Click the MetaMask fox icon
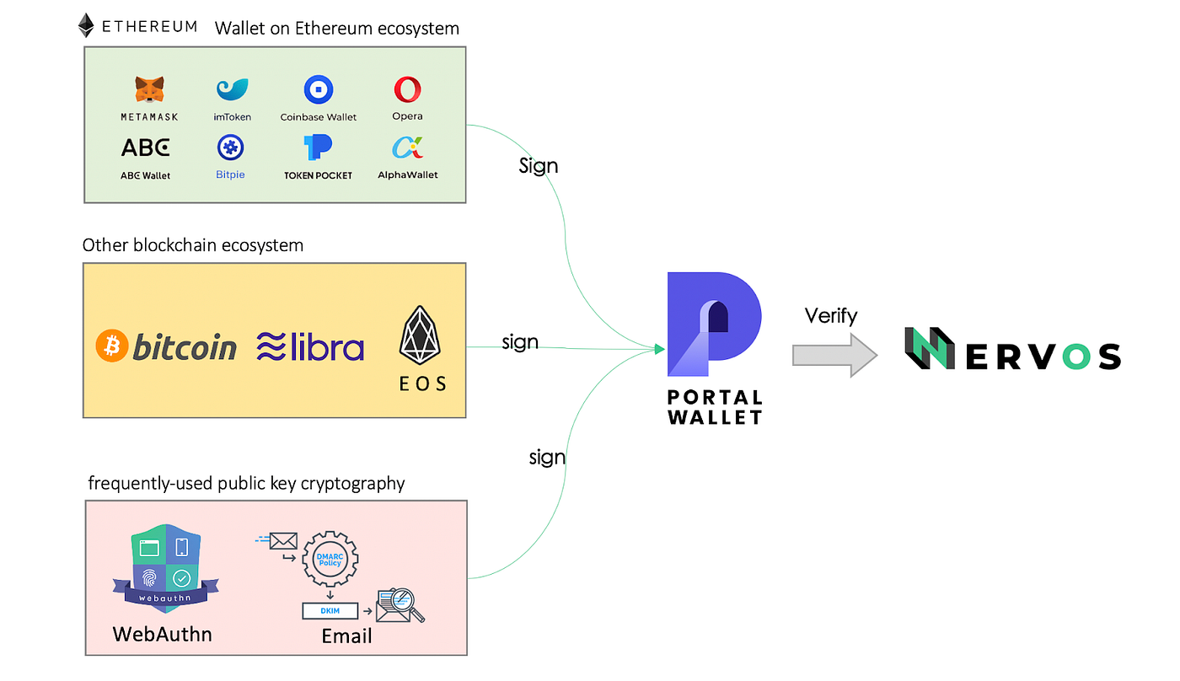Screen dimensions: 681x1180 click(x=149, y=89)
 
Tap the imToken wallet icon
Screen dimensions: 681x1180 click(x=232, y=89)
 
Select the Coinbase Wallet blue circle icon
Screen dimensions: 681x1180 click(x=319, y=89)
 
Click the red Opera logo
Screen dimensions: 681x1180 click(x=407, y=89)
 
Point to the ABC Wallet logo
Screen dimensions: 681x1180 click(x=145, y=147)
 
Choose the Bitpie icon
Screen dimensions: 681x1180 click(x=230, y=148)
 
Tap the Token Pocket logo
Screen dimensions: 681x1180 click(x=318, y=147)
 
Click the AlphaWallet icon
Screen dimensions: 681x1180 click(x=407, y=148)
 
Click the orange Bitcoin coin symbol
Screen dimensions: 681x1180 click(x=111, y=346)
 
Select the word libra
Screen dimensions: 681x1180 click(x=325, y=347)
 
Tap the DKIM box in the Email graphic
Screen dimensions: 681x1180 click(x=330, y=611)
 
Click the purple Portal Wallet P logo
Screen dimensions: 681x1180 click(x=713, y=324)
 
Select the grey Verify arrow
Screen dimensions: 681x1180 click(x=834, y=355)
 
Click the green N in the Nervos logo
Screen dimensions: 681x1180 click(x=929, y=349)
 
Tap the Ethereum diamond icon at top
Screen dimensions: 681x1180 click(x=86, y=25)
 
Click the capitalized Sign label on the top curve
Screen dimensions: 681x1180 click(x=539, y=165)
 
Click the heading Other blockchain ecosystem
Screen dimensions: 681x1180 click(x=193, y=245)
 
